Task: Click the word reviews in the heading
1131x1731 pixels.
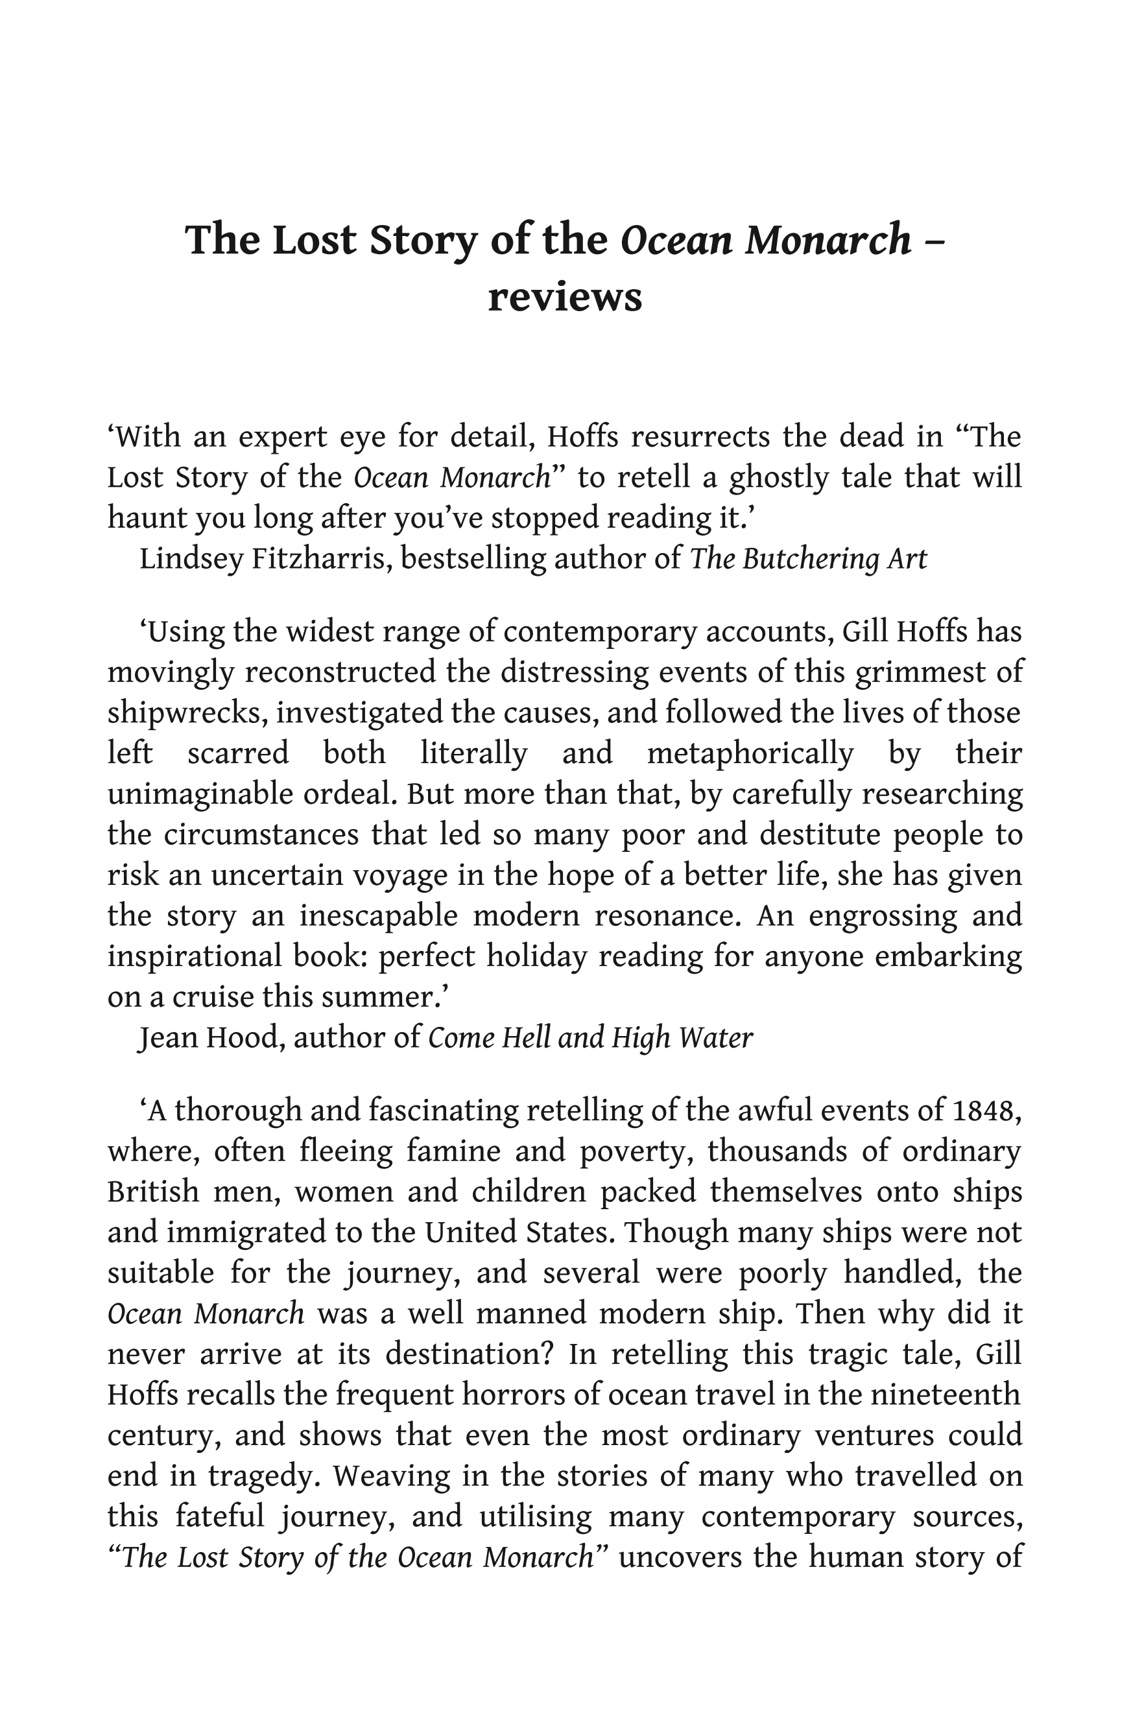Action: pyautogui.click(x=564, y=298)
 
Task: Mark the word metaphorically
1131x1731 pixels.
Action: pyautogui.click(x=749, y=753)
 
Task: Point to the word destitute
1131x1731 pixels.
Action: pyautogui.click(x=820, y=834)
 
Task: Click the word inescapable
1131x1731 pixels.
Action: pyautogui.click(x=378, y=915)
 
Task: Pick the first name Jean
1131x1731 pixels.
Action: pyautogui.click(x=166, y=1037)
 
